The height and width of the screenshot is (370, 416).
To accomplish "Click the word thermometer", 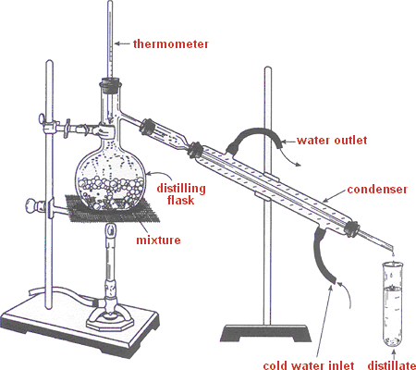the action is click(171, 43).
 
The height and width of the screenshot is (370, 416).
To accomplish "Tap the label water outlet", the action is click(332, 141).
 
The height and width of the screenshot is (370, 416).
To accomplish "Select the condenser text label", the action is click(377, 190).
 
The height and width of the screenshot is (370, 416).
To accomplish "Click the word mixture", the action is click(158, 240).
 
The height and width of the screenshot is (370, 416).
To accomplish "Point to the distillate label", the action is click(392, 365).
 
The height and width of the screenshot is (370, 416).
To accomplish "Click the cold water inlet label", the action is click(309, 365).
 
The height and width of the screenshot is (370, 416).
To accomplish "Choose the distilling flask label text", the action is click(181, 194).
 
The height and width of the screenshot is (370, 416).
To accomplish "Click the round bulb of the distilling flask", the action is click(110, 179).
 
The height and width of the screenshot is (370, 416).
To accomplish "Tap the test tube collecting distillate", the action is click(393, 304).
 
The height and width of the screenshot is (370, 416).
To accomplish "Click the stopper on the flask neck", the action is click(110, 85).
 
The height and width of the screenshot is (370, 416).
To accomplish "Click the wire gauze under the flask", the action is click(113, 209).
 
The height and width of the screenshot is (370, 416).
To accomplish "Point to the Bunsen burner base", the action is click(110, 320).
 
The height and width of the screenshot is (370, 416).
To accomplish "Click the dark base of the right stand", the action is click(265, 333).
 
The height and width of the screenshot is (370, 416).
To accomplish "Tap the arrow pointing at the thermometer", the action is click(122, 44).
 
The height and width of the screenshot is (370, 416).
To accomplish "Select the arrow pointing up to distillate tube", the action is click(393, 354).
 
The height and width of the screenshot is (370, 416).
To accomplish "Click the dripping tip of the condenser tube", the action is click(392, 249).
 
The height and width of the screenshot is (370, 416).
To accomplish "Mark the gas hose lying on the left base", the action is click(63, 294).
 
